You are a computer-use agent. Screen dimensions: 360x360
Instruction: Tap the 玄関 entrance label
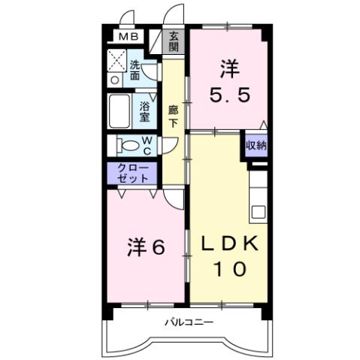[174, 41]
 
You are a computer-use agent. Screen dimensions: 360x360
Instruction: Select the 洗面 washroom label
[135, 69]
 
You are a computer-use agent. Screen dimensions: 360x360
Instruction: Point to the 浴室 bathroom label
[145, 111]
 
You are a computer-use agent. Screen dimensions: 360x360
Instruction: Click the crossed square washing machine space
[117, 59]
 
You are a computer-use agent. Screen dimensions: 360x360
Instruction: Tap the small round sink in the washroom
[115, 79]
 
